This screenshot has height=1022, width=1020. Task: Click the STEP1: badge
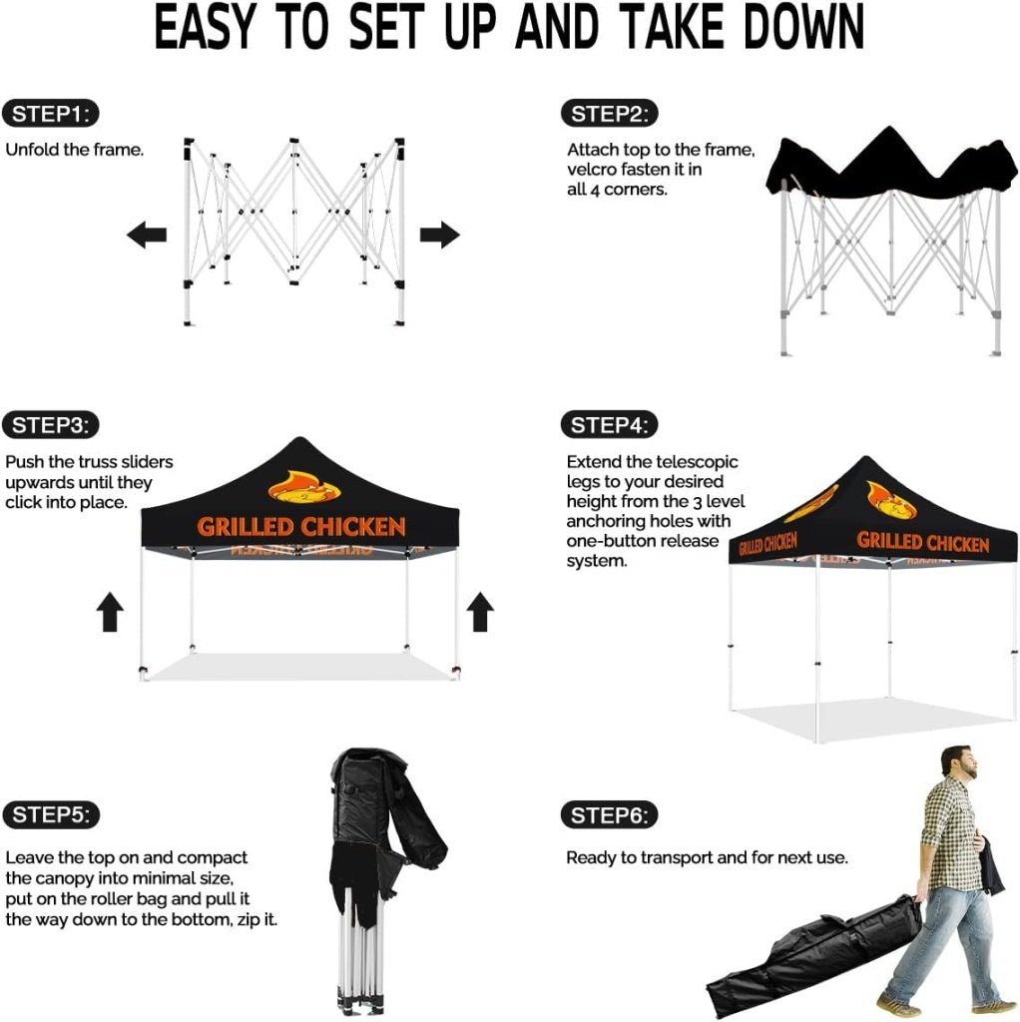(50, 114)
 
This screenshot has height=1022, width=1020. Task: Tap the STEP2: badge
(610, 114)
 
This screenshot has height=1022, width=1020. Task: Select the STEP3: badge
(50, 425)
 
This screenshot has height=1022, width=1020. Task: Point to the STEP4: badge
(610, 425)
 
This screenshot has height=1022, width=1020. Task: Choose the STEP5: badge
(51, 814)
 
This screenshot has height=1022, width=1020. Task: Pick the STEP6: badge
(610, 814)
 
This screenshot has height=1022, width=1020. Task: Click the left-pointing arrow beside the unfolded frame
(147, 235)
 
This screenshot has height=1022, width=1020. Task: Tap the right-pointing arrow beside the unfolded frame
(440, 235)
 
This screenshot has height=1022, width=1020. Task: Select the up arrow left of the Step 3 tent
(110, 612)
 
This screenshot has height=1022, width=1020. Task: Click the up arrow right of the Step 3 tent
(480, 612)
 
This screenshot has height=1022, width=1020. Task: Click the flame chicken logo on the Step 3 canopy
(304, 487)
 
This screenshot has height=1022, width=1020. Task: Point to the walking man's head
(959, 762)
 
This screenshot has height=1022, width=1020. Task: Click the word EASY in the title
(204, 28)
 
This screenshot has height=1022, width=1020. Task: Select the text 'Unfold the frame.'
(74, 150)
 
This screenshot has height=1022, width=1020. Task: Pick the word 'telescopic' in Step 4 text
(697, 463)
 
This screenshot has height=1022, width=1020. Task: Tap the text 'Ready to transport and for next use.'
(708, 857)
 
